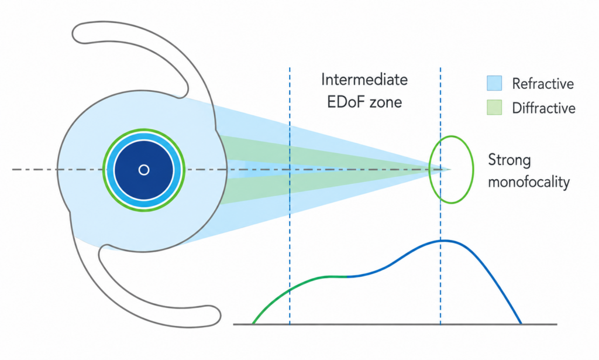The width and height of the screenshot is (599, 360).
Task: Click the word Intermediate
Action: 364,80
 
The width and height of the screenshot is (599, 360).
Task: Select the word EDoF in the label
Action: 344,102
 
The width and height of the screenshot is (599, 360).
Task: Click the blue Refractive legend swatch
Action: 494,83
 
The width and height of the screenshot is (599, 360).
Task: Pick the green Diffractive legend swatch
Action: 494,107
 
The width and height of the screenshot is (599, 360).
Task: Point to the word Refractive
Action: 543,83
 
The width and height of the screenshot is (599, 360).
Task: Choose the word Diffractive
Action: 543,108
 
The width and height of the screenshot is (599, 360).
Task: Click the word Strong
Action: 510,160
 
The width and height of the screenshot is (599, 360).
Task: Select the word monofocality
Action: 529,182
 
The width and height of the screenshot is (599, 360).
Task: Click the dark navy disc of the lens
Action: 144,153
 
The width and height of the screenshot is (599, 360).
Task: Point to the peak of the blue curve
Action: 443,241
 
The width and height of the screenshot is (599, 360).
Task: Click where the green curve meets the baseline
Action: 253,324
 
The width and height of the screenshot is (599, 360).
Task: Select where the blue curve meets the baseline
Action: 521,324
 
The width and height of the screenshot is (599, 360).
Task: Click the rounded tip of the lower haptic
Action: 219,315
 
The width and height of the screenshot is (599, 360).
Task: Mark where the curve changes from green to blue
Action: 346,276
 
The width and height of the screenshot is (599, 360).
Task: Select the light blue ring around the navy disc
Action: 144,135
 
